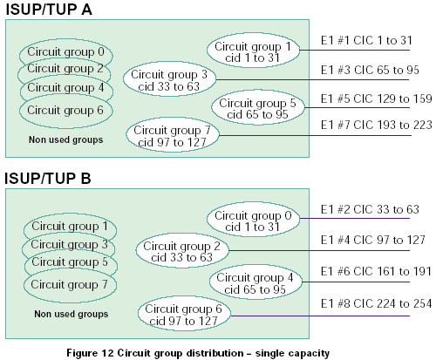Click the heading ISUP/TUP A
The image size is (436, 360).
click(x=49, y=10)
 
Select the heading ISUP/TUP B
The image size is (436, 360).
click(x=48, y=178)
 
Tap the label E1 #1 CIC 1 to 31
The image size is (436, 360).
click(x=366, y=40)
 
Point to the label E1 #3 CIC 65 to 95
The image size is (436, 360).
click(x=370, y=70)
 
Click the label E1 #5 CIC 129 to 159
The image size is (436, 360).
click(x=376, y=98)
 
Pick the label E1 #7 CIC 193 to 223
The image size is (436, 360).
click(x=376, y=125)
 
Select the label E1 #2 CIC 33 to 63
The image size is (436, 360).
click(x=370, y=209)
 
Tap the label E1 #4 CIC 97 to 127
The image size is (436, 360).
click(x=372, y=240)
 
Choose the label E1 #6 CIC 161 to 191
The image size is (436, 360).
click(x=376, y=271)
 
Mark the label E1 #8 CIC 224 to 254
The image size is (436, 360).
click(x=376, y=303)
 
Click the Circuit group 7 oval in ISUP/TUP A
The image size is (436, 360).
click(x=172, y=135)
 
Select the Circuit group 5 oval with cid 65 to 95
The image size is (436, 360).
click(x=258, y=108)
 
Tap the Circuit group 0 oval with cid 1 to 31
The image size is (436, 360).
click(x=253, y=220)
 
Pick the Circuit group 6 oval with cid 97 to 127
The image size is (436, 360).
click(x=184, y=314)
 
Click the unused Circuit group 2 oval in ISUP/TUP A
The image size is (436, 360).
click(x=65, y=69)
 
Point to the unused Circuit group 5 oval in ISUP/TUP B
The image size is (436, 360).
click(x=71, y=262)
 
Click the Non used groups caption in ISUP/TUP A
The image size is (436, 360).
click(x=65, y=139)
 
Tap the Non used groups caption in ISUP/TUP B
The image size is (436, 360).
click(x=72, y=314)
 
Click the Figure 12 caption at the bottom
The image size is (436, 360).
click(x=198, y=353)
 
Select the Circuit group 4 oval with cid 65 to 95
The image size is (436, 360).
click(x=255, y=282)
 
